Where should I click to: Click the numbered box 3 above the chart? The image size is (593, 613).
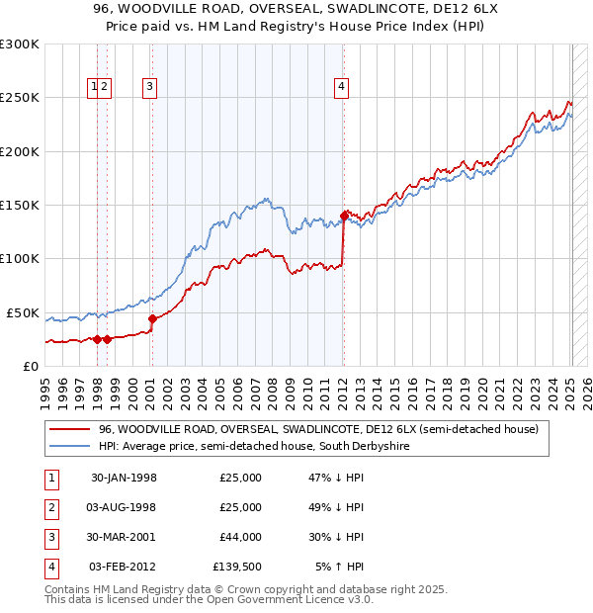(x=150, y=87)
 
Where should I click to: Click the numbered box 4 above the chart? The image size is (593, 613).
(x=341, y=87)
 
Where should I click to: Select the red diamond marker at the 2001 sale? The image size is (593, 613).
(x=152, y=318)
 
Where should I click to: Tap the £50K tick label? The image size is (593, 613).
(x=24, y=312)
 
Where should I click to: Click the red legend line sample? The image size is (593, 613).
(x=69, y=429)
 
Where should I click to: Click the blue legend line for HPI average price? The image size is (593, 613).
(x=69, y=447)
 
